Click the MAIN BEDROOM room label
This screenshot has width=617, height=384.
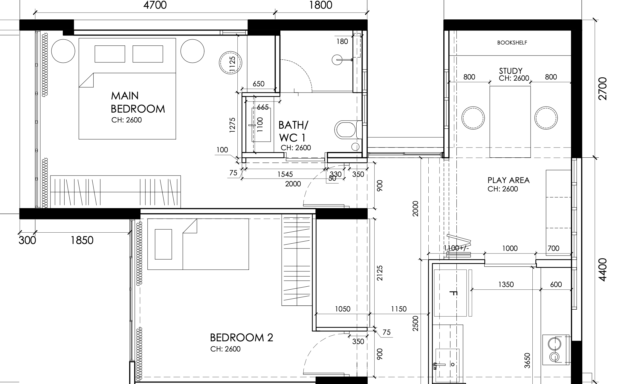[138, 102]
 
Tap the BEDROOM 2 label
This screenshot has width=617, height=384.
[242, 338]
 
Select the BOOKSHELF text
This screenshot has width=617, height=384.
[512, 43]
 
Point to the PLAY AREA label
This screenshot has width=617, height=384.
[508, 180]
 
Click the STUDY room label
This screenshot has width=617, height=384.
[511, 71]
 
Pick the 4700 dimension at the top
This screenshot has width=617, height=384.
[155, 5]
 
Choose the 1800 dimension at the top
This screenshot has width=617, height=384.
[321, 5]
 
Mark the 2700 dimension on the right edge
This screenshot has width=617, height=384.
[603, 89]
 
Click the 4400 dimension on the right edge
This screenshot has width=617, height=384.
[603, 270]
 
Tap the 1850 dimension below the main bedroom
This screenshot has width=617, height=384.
[82, 240]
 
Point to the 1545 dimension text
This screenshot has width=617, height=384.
[285, 174]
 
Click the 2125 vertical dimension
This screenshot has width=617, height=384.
[380, 273]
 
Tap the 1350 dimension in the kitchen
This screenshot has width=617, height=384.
[506, 285]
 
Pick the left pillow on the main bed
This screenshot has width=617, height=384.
[110, 54]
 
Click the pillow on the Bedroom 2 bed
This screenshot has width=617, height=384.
[163, 244]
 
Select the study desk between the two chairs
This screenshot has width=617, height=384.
[510, 122]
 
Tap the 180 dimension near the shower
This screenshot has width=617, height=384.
[342, 42]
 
